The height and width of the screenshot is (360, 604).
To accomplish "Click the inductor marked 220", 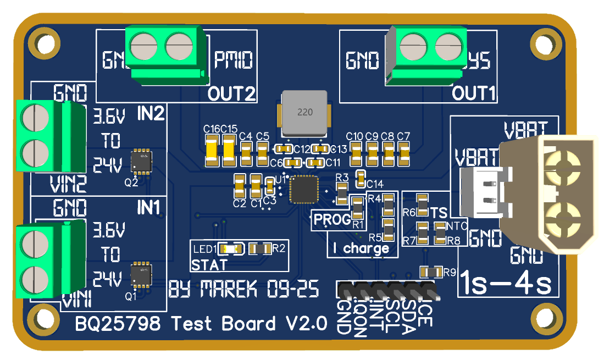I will tap(305, 113).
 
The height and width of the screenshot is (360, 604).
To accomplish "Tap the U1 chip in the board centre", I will tap(304, 189).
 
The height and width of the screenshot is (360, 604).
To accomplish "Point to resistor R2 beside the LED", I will tap(260, 248).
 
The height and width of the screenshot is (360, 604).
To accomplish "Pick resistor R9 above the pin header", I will tap(431, 272).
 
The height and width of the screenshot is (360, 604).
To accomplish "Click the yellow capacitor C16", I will tap(212, 151).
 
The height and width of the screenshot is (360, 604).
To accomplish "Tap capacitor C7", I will tap(404, 152).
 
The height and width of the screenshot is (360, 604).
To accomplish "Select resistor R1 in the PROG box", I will tap(357, 208).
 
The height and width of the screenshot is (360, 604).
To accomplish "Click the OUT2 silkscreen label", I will tap(232, 94).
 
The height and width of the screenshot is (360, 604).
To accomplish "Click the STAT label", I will tap(209, 265).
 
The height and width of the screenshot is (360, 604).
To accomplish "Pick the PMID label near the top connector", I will tap(234, 60).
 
